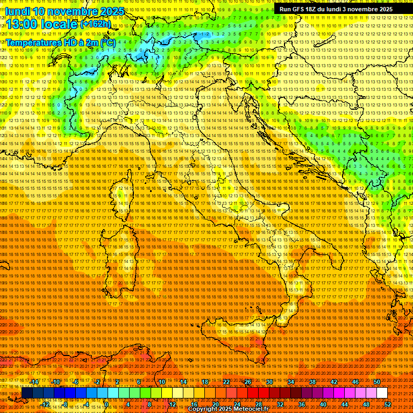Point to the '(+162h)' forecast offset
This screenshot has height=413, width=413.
[x=95, y=24]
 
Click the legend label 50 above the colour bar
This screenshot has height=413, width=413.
[x=377, y=382]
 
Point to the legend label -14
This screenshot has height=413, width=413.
[x=34, y=382]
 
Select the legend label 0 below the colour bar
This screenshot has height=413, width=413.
[x=107, y=404]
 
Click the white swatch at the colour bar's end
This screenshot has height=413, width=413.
[x=382, y=393]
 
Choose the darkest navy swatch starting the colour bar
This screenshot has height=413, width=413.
[x=27, y=393]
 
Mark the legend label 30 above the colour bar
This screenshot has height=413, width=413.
[x=269, y=382]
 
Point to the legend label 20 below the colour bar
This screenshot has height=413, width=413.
[x=215, y=404]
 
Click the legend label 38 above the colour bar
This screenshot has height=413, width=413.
[x=312, y=382]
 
